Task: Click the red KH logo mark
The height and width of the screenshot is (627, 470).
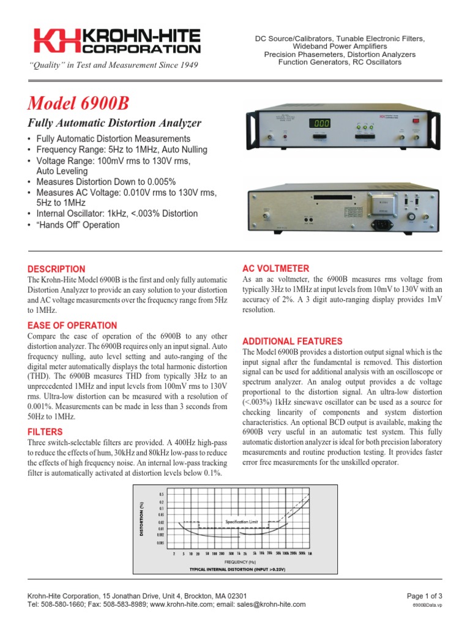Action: [57, 42]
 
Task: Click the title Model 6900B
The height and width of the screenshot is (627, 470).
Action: [78, 102]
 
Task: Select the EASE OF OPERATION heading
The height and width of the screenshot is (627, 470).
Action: [72, 326]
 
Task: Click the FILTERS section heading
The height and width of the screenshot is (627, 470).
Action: [45, 432]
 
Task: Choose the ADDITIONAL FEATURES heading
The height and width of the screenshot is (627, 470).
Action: [293, 341]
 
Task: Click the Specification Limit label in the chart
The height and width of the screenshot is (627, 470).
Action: [242, 521]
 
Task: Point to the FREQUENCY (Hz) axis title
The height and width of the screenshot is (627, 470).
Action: [240, 561]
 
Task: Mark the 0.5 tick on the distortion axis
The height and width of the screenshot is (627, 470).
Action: [162, 494]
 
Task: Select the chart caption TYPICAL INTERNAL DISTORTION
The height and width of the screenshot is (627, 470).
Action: [238, 569]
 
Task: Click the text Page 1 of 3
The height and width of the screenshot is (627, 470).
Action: [425, 596]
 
